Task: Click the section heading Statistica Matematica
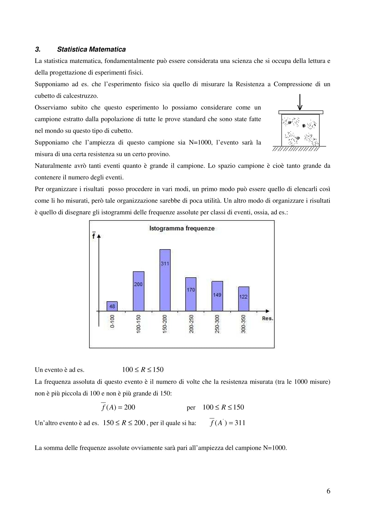(x=91, y=49)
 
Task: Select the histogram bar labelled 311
(x=165, y=280)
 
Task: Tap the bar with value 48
(x=112, y=306)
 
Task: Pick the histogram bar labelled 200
(x=138, y=291)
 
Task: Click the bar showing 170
(x=191, y=294)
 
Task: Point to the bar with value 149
(x=217, y=296)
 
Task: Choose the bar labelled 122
(x=244, y=299)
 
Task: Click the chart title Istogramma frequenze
(x=182, y=228)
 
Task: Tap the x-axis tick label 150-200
(x=165, y=324)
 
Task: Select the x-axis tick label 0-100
(x=112, y=321)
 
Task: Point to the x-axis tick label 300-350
(x=244, y=324)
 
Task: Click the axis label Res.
(x=267, y=318)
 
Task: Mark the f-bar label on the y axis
(x=94, y=235)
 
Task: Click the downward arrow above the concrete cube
(x=300, y=103)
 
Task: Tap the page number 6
(x=328, y=491)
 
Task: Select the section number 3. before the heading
(x=38, y=49)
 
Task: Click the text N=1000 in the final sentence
(x=275, y=448)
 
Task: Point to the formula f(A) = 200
(x=118, y=407)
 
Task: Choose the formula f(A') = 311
(x=227, y=422)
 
